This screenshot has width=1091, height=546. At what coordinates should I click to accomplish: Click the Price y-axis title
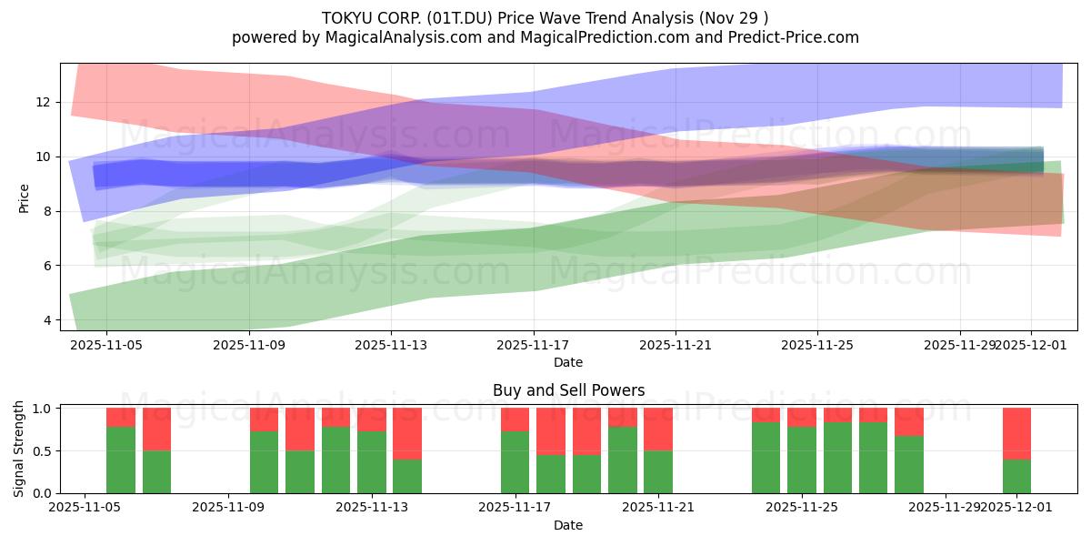[x=25, y=198]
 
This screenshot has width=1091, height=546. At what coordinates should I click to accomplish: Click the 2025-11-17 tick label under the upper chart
[x=533, y=345]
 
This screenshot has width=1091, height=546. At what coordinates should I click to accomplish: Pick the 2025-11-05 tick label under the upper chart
[x=106, y=345]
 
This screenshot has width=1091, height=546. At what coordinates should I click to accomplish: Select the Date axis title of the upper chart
[x=568, y=362]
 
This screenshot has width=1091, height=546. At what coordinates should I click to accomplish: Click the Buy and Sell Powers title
[x=568, y=390]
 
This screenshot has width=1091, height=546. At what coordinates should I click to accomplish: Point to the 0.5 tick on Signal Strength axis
[x=40, y=451]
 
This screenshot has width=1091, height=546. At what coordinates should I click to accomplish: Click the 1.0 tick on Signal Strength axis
[x=40, y=409]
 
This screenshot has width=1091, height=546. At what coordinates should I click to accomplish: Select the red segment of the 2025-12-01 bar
[x=1016, y=433]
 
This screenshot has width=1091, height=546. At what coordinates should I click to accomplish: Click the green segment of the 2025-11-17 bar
[x=515, y=462]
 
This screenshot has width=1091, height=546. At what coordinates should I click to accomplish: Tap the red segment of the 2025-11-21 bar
[x=658, y=430]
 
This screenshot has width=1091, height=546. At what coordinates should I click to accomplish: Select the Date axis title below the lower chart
[x=568, y=525]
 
